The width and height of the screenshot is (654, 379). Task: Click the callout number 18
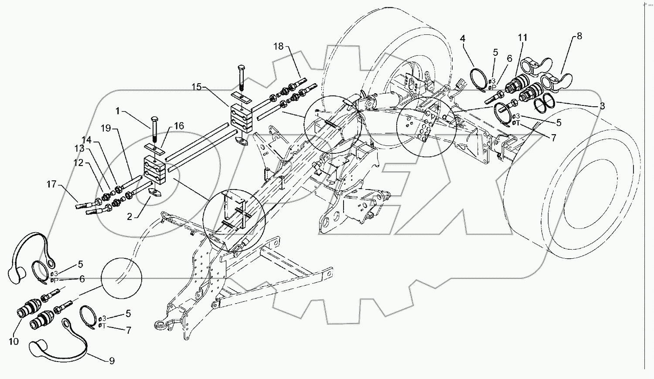(279, 47)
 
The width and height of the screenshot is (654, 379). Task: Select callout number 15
(197, 87)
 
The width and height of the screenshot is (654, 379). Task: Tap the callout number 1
(118, 111)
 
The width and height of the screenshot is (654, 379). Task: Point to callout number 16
(179, 126)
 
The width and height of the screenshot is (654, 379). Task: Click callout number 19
(106, 129)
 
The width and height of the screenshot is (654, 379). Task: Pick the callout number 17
(51, 184)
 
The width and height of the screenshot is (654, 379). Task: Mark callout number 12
(78, 163)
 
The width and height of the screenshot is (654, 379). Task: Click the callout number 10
(14, 341)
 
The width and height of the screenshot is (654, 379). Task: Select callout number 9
(112, 361)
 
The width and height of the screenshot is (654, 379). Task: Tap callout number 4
(463, 39)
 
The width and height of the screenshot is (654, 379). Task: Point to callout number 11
(523, 38)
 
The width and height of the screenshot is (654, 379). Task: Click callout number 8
(579, 36)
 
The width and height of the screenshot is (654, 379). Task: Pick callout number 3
(602, 105)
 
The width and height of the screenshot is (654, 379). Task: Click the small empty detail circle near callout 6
(122, 277)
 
